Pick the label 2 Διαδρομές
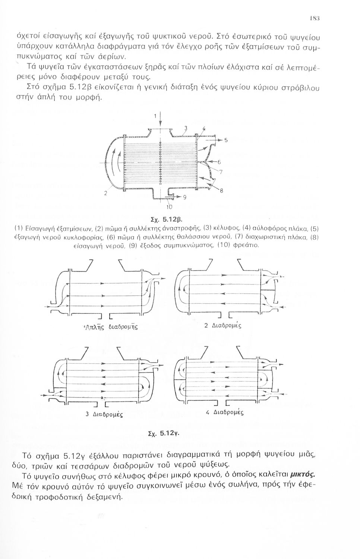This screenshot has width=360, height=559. (223, 325)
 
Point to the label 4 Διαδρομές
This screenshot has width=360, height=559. (224, 413)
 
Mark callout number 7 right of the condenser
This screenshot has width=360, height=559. (221, 172)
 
